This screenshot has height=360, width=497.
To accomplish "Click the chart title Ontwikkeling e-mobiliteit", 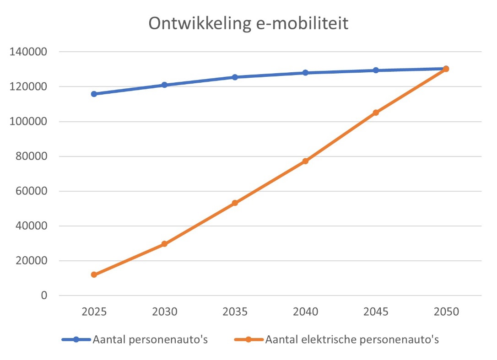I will pyautogui.click(x=248, y=24).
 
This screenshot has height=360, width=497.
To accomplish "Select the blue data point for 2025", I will pyautogui.click(x=94, y=94).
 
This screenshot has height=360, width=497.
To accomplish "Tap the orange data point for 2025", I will pyautogui.click(x=94, y=274).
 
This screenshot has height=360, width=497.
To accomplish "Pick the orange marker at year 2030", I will pyautogui.click(x=164, y=244).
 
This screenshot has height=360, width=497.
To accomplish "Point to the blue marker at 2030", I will pyautogui.click(x=164, y=85).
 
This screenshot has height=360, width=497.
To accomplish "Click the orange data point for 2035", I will pyautogui.click(x=235, y=203).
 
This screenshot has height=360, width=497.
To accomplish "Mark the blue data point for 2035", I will pyautogui.click(x=235, y=77).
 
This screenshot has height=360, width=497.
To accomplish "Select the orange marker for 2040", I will pyautogui.click(x=305, y=161).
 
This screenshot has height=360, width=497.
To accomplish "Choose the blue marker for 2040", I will pyautogui.click(x=305, y=73).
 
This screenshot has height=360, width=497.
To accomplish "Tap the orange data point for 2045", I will pyautogui.click(x=376, y=113).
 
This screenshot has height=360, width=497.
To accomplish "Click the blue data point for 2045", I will pyautogui.click(x=376, y=70).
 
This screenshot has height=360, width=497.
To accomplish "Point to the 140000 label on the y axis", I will pyautogui.click(x=28, y=52).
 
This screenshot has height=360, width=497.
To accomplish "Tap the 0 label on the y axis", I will pyautogui.click(x=44, y=296).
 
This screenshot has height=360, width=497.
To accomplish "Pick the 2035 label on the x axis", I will pyautogui.click(x=235, y=312).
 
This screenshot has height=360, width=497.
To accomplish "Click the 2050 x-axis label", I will pyautogui.click(x=446, y=312).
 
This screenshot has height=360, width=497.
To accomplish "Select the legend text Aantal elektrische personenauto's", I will pyautogui.click(x=352, y=339).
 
